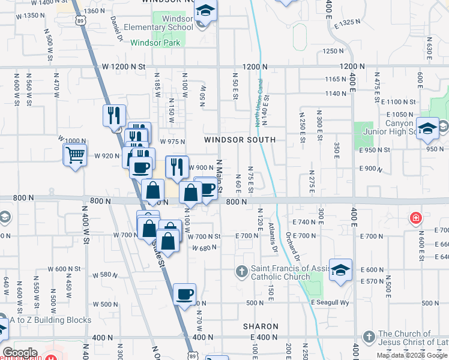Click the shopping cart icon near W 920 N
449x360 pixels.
coord(75,155)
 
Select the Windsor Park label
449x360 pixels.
coord(151,43)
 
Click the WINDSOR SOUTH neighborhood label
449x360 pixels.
coord(240,140)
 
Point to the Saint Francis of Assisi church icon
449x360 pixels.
coord(242,272)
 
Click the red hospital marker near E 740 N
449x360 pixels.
coord(415,218)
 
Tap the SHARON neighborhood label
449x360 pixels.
coord(261,326)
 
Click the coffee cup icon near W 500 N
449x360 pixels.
coord(185,294)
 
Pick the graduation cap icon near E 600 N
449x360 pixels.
coord(340,270)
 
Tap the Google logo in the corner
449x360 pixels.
coord(20,353)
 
